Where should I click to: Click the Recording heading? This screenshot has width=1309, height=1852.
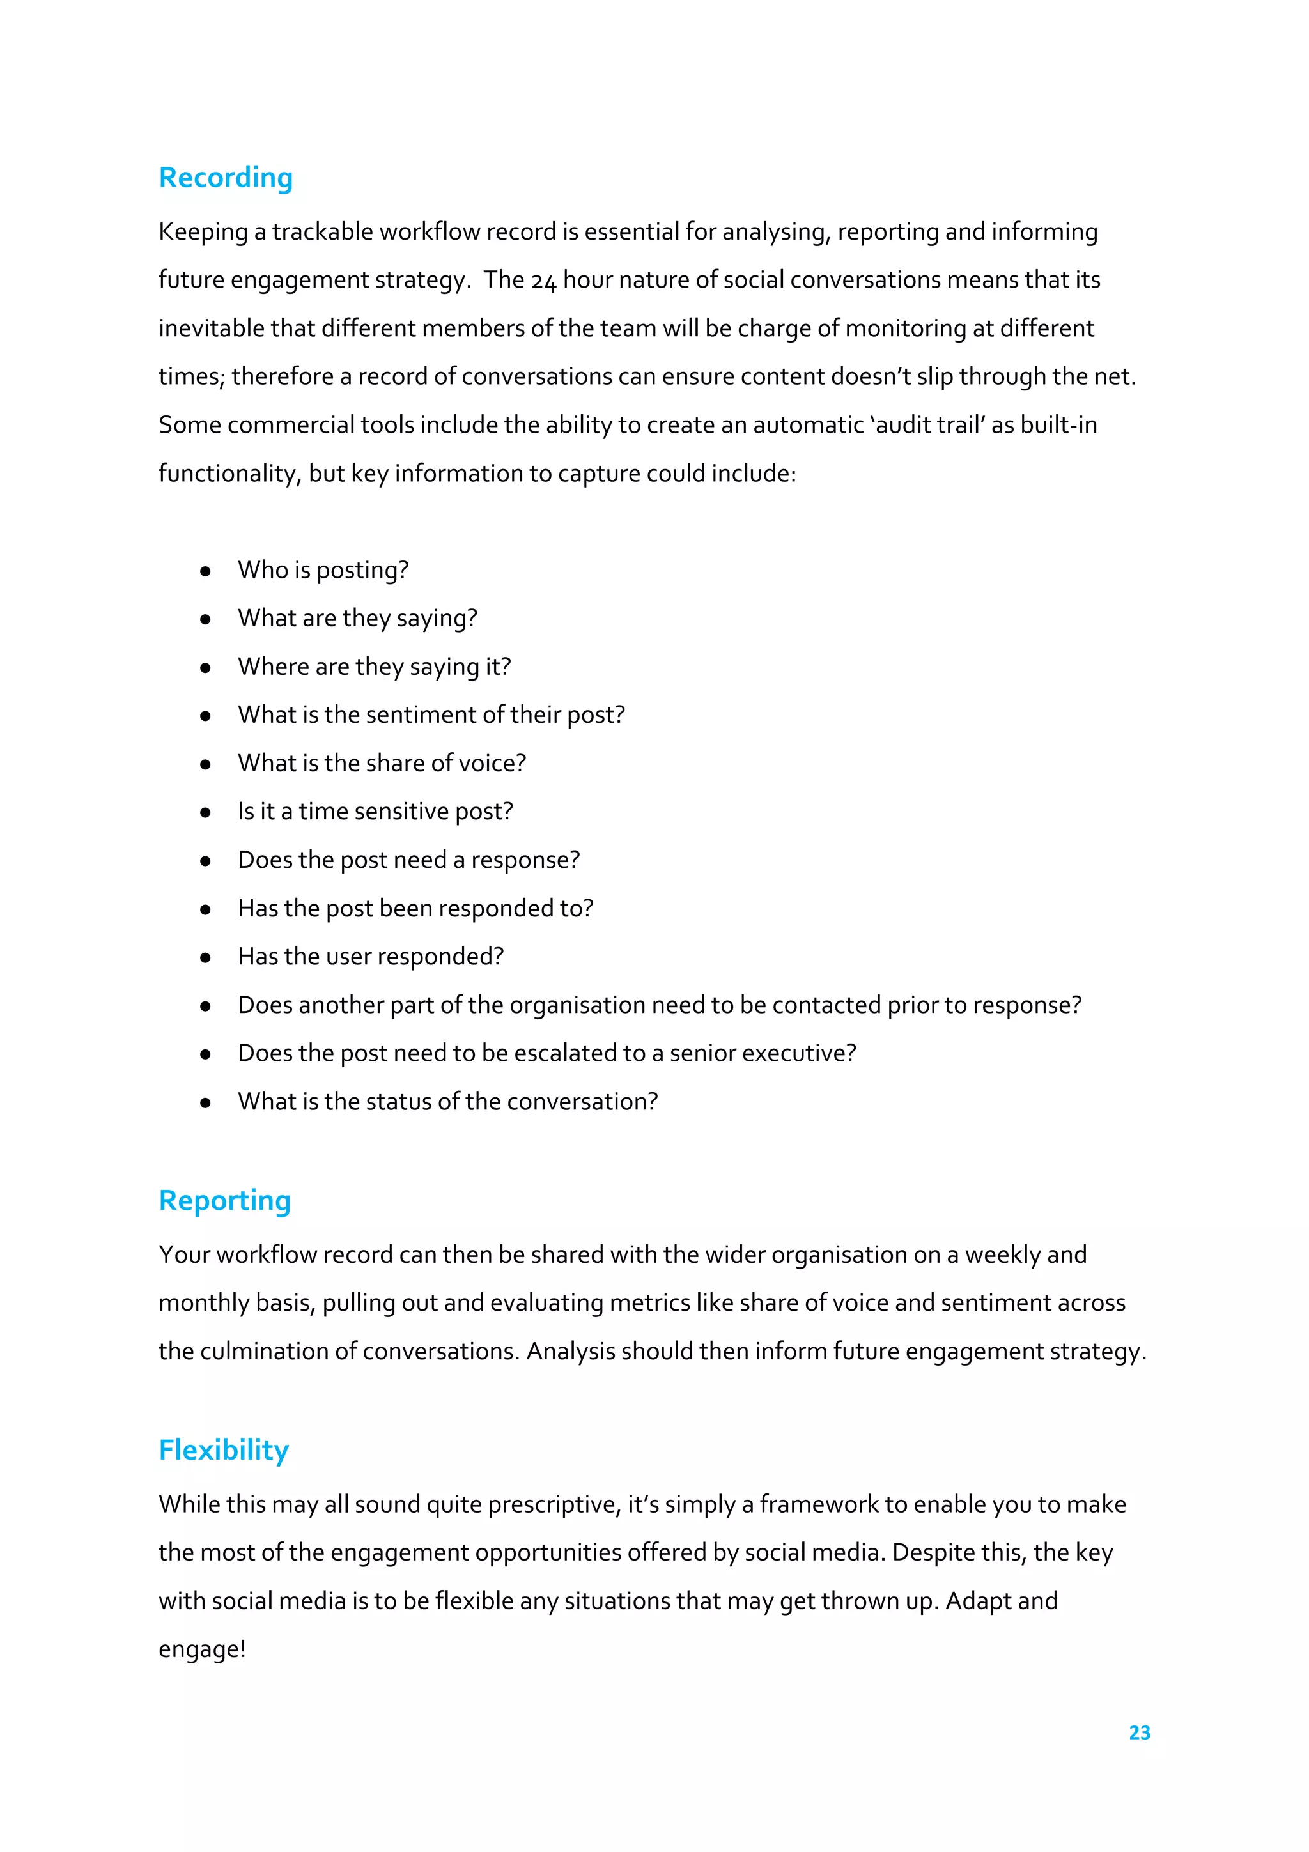pyautogui.click(x=225, y=178)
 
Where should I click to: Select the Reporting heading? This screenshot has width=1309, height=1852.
pyautogui.click(x=224, y=1201)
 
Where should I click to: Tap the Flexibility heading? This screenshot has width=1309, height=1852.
pyautogui.click(x=224, y=1450)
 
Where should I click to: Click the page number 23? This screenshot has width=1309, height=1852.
pyautogui.click(x=1139, y=1732)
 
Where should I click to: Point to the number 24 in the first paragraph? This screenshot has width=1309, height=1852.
pyautogui.click(x=543, y=281)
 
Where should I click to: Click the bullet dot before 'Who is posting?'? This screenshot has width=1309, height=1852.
pyautogui.click(x=206, y=571)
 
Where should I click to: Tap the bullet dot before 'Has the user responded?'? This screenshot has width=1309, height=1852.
pyautogui.click(x=206, y=957)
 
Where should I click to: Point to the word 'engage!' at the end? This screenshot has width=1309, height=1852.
pyautogui.click(x=201, y=1649)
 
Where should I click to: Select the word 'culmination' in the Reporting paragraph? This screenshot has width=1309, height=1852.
pyautogui.click(x=265, y=1351)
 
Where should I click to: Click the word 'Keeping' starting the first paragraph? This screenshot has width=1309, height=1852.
pyautogui.click(x=203, y=233)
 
